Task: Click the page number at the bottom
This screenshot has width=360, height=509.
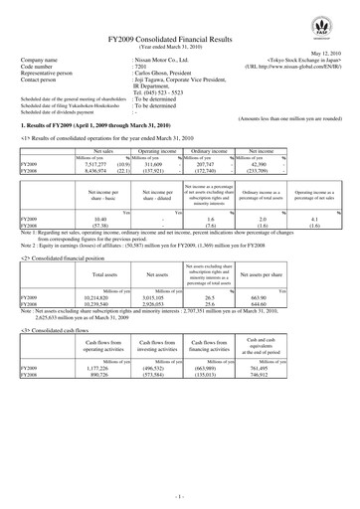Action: [x=180, y=494]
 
